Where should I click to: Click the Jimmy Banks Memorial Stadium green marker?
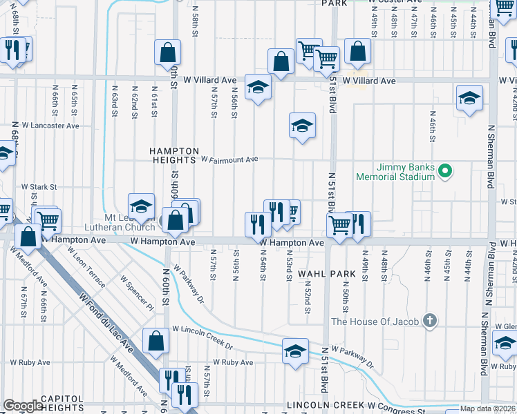pos(446,170)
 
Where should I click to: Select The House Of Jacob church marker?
pos(430,321)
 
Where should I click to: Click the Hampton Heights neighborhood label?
pos(176,155)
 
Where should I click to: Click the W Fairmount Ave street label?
pos(229,159)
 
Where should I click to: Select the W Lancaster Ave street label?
pos(50,126)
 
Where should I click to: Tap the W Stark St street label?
pos(37,186)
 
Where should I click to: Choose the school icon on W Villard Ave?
pos(258,87)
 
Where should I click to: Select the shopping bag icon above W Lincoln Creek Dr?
pos(156,339)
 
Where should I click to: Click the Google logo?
pos(23,406)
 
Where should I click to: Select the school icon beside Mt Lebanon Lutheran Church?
pos(141,206)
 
